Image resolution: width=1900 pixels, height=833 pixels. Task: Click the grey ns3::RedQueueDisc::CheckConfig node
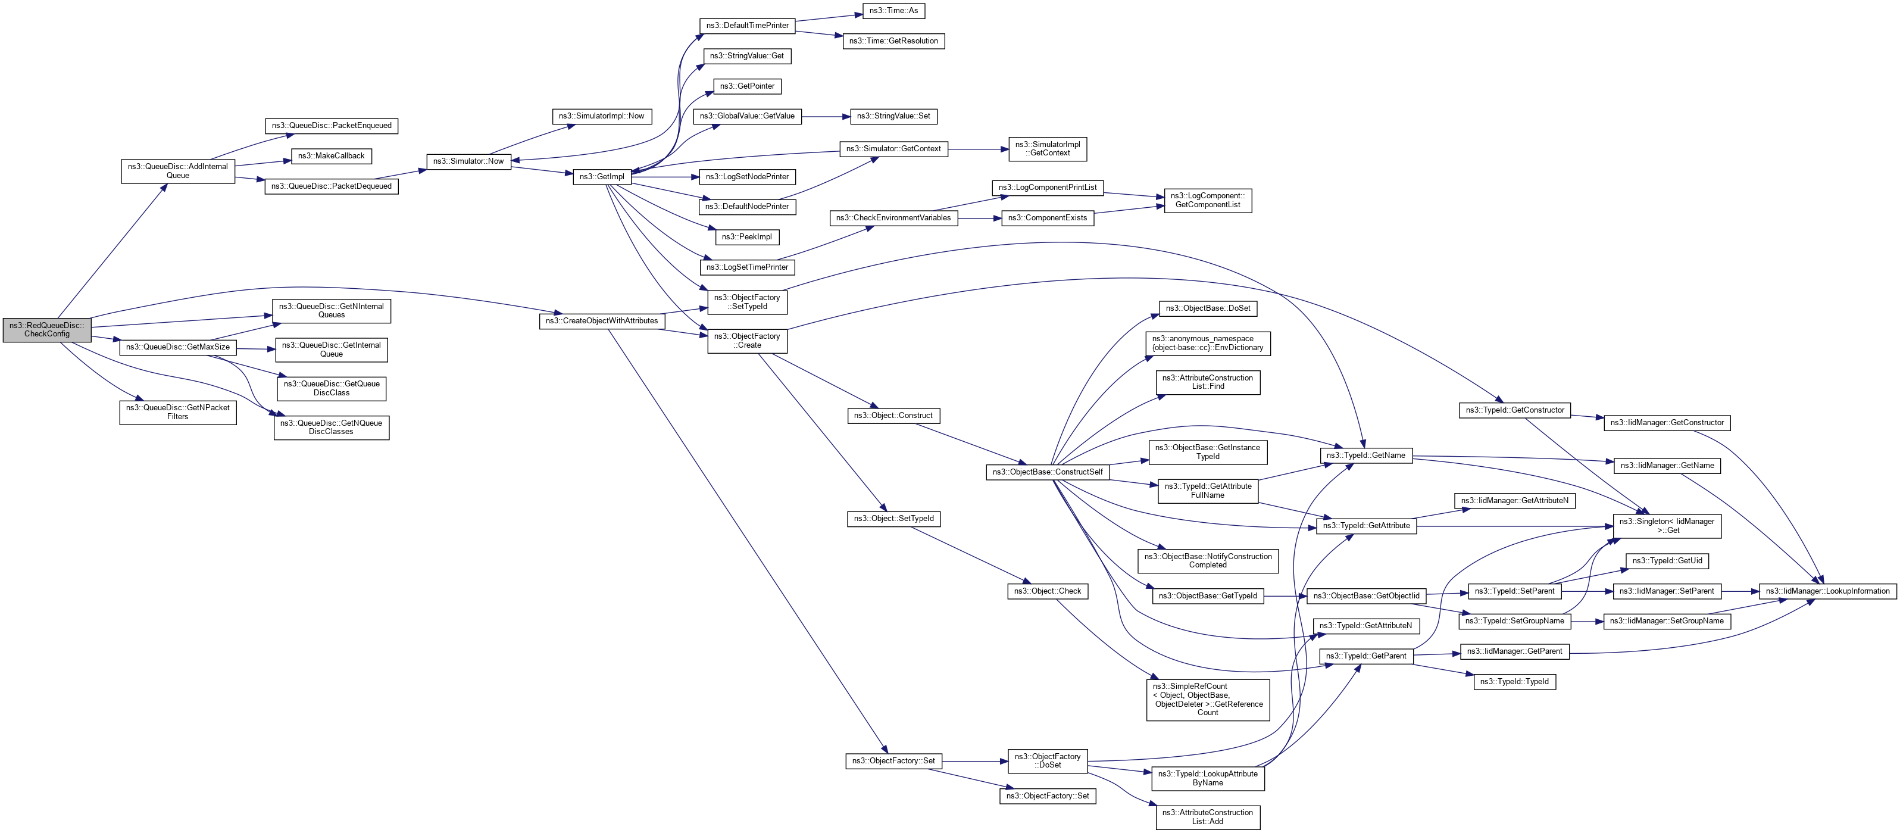coord(46,330)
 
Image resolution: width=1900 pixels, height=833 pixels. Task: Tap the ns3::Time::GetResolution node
coord(893,40)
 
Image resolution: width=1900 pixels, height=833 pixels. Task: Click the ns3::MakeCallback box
coord(331,155)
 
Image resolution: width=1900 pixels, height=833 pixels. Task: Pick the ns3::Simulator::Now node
coord(468,161)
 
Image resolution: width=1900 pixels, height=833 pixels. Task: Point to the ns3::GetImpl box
coord(602,176)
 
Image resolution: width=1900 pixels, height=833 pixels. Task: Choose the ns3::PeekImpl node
coord(746,237)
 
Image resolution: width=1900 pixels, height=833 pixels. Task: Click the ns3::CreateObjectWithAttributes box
coord(602,321)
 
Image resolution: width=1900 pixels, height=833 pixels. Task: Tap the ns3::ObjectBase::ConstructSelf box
coord(1048,472)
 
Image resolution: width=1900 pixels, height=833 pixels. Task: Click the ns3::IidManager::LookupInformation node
coord(1827,591)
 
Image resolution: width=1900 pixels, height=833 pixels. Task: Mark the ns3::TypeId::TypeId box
coord(1514,682)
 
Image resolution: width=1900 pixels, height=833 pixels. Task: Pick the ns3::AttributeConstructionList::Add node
coord(1207,817)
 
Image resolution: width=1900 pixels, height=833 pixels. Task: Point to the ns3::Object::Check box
coord(1048,591)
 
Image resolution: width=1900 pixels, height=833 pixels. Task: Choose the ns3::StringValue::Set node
coord(893,116)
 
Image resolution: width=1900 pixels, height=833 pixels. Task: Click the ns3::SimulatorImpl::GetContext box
coord(1048,148)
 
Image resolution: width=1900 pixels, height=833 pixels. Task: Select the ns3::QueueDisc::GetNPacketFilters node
coord(178,411)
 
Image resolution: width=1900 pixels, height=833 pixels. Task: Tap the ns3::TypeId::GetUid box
coord(1667,561)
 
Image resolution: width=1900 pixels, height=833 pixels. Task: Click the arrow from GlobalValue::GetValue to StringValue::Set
coord(826,116)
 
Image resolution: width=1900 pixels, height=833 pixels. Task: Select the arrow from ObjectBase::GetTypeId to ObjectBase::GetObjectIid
coord(1285,596)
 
